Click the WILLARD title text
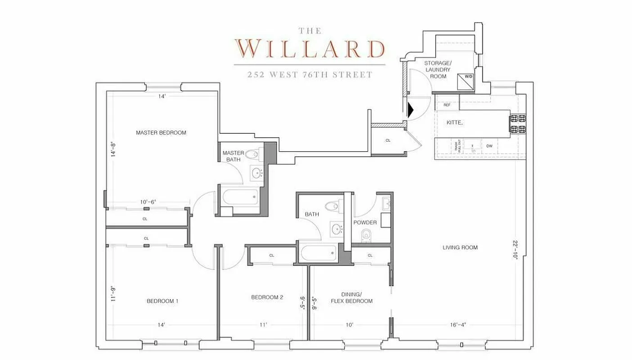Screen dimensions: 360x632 click(310, 48)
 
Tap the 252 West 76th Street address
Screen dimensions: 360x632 click(310, 75)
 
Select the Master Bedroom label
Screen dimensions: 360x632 click(161, 133)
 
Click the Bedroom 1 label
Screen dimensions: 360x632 click(163, 301)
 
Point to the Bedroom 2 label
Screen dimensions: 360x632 click(267, 297)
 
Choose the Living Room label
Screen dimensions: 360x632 click(460, 247)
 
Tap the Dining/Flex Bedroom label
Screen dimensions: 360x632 click(352, 297)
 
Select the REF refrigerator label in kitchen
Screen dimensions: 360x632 click(447, 105)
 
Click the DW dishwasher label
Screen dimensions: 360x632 click(489, 146)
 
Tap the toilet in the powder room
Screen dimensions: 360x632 click(366, 234)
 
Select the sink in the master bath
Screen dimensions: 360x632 click(257, 172)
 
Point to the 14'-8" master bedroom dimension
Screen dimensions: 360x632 click(113, 149)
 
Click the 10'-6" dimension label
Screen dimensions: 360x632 click(147, 202)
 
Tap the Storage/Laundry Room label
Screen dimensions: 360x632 click(437, 70)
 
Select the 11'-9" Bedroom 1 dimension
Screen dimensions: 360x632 click(113, 293)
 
